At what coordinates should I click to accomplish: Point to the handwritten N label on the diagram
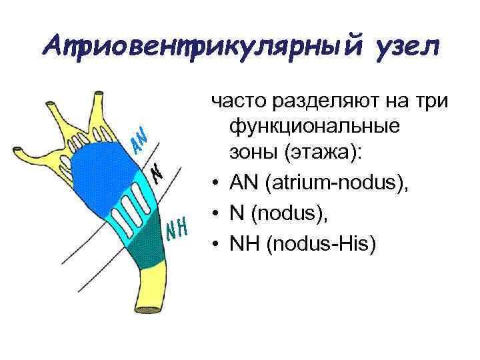coord(157,174)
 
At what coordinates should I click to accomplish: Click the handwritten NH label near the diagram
coord(178,229)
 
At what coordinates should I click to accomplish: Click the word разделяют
coord(316,101)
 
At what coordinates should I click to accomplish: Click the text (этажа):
coord(322,151)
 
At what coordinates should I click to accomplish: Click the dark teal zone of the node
coord(143,250)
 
